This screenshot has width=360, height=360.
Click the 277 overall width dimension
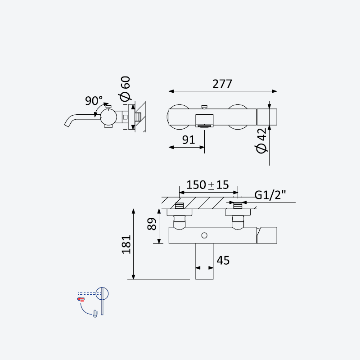(x=222, y=84)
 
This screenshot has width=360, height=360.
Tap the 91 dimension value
(x=189, y=140)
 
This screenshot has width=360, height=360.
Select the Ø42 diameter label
(x=261, y=140)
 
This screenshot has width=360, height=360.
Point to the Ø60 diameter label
(x=126, y=89)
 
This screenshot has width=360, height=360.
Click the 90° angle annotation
(x=94, y=100)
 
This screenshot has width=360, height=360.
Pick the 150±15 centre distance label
(x=207, y=185)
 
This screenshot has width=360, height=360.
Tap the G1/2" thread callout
(x=270, y=195)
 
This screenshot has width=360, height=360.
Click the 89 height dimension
(x=152, y=224)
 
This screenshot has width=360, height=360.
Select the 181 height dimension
(x=126, y=244)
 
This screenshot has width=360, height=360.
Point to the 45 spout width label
(x=223, y=261)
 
